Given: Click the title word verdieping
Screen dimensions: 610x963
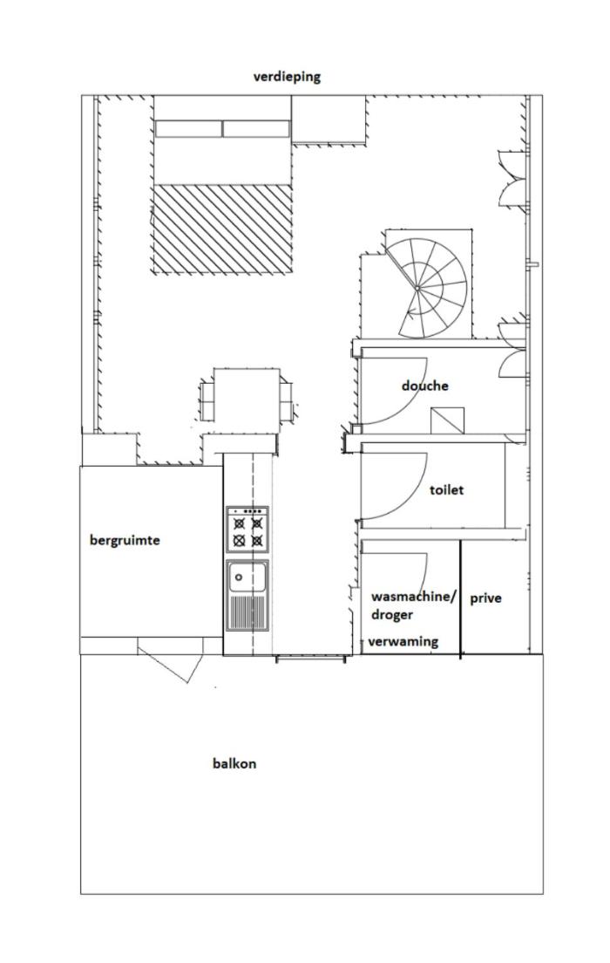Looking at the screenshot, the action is click(x=287, y=78).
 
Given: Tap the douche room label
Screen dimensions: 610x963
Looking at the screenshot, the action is click(x=424, y=386).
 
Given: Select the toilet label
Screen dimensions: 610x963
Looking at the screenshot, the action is click(x=446, y=490).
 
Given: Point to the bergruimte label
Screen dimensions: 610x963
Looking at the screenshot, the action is click(x=125, y=541).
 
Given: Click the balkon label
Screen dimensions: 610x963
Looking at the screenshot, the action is click(x=234, y=764).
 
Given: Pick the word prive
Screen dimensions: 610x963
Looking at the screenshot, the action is click(x=485, y=598).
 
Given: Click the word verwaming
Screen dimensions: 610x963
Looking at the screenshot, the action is click(x=403, y=642).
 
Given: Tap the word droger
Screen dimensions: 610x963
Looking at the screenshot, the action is click(x=392, y=615).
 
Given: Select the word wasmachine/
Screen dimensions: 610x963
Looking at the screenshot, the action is click(x=414, y=597).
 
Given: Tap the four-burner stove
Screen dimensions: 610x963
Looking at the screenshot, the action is click(x=247, y=529).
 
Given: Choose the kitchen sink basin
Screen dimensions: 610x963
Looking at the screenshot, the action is click(x=247, y=577).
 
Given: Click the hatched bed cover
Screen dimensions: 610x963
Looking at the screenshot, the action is click(x=221, y=228).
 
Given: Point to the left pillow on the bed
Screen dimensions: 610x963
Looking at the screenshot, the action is click(x=187, y=128).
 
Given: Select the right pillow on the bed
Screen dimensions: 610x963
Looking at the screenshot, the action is click(x=255, y=128).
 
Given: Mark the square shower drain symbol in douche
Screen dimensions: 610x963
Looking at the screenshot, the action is click(x=447, y=420).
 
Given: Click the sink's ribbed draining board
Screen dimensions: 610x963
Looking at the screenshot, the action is click(x=247, y=611).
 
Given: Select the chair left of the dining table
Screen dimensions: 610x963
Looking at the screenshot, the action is click(x=207, y=400).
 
